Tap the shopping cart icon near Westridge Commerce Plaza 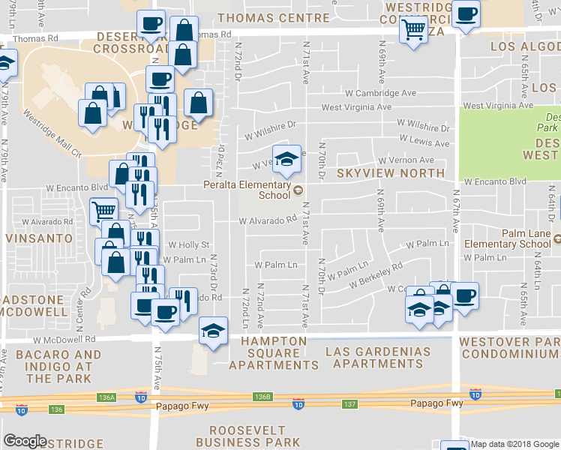412,31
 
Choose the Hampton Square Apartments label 273,352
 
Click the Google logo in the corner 25,441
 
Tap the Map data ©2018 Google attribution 514,444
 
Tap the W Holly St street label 187,244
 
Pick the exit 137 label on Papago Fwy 348,403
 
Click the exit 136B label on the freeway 262,397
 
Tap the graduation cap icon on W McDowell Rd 213,331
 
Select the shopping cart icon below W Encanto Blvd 103,211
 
